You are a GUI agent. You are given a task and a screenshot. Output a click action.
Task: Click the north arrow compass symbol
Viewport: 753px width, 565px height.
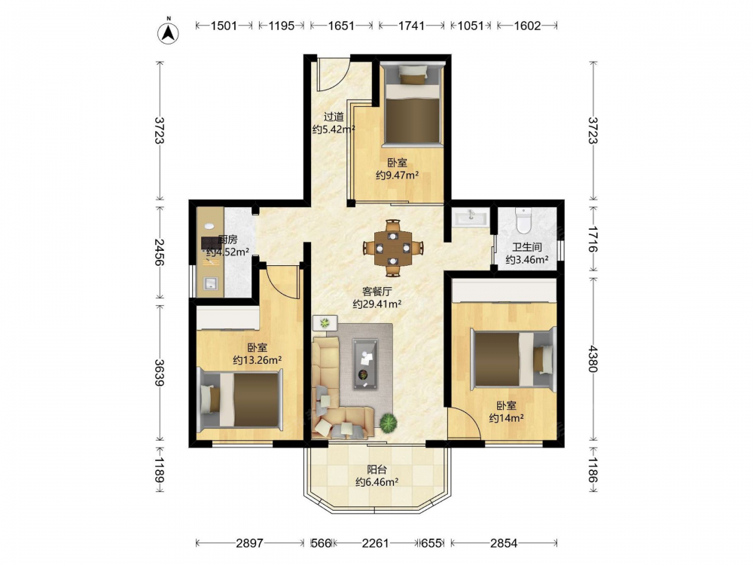pyautogui.click(x=168, y=32)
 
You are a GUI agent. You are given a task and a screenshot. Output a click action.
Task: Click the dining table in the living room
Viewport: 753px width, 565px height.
pyautogui.click(x=393, y=248)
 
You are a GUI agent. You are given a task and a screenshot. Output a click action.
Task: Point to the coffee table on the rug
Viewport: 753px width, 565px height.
pyautogui.click(x=365, y=363)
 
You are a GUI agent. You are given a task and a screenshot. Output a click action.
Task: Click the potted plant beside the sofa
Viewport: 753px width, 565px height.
pyautogui.click(x=389, y=423)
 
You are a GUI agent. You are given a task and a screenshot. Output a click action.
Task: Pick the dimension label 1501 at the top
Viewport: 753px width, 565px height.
pyautogui.click(x=224, y=26)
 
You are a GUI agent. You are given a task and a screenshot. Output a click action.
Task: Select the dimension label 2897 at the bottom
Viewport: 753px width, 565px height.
pyautogui.click(x=250, y=543)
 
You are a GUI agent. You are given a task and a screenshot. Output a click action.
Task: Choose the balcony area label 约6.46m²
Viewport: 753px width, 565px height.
pyautogui.click(x=377, y=482)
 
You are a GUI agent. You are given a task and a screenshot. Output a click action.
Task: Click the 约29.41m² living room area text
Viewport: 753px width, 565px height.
pyautogui.click(x=377, y=304)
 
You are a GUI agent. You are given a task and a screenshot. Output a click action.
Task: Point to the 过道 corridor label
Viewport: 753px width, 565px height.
pyautogui.click(x=334, y=116)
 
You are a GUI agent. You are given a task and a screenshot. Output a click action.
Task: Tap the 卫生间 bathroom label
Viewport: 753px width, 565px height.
pyautogui.click(x=527, y=247)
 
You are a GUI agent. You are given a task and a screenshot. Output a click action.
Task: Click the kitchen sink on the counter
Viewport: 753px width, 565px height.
pyautogui.click(x=211, y=283)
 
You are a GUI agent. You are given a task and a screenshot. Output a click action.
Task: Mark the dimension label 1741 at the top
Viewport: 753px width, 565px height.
pyautogui.click(x=412, y=26)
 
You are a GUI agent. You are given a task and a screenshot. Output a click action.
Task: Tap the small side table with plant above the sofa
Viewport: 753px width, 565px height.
pyautogui.click(x=325, y=323)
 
